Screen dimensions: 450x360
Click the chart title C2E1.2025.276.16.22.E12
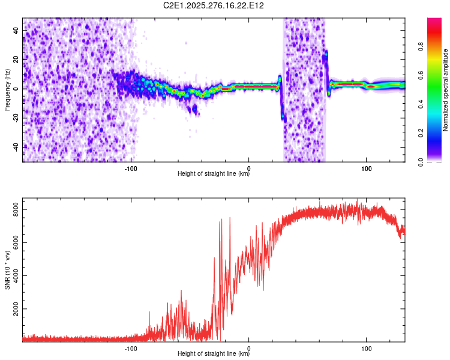[x=213, y=5]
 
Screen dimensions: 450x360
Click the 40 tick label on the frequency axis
[x=16, y=30]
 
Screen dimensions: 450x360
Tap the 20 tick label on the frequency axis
[x=16, y=59]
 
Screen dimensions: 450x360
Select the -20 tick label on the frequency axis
[x=16, y=118]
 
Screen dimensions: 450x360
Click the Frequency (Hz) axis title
[x=7, y=90]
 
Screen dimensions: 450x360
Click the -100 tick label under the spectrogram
[x=131, y=169]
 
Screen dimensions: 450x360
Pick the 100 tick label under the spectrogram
[x=366, y=169]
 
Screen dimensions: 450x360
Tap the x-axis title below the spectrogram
[x=214, y=173]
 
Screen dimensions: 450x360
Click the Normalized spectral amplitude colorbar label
[x=445, y=90]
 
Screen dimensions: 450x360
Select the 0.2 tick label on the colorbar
[x=421, y=133]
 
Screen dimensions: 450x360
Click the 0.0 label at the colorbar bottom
[x=421, y=162]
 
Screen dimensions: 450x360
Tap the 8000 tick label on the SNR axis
[x=16, y=210]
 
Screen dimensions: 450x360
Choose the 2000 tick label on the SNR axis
[x=16, y=309]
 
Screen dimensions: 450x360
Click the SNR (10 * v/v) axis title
[x=7, y=270]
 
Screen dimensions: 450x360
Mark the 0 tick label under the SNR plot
[x=249, y=349]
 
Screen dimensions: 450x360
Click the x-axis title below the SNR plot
[x=214, y=353]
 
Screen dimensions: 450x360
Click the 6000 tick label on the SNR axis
[x=16, y=243]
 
